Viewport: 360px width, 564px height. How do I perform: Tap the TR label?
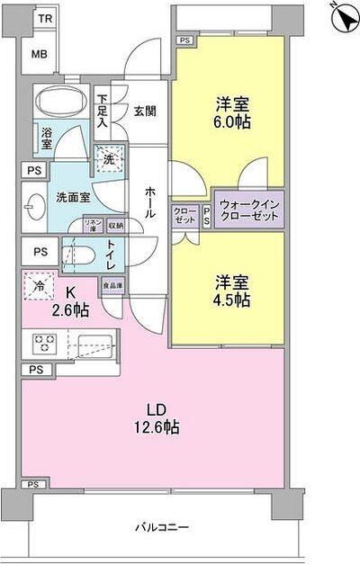(x=44, y=18)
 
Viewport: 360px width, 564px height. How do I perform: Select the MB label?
(x=40, y=54)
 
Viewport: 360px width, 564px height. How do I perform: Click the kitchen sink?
(x=94, y=344)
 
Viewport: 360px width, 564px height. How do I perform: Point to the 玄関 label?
(x=147, y=111)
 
